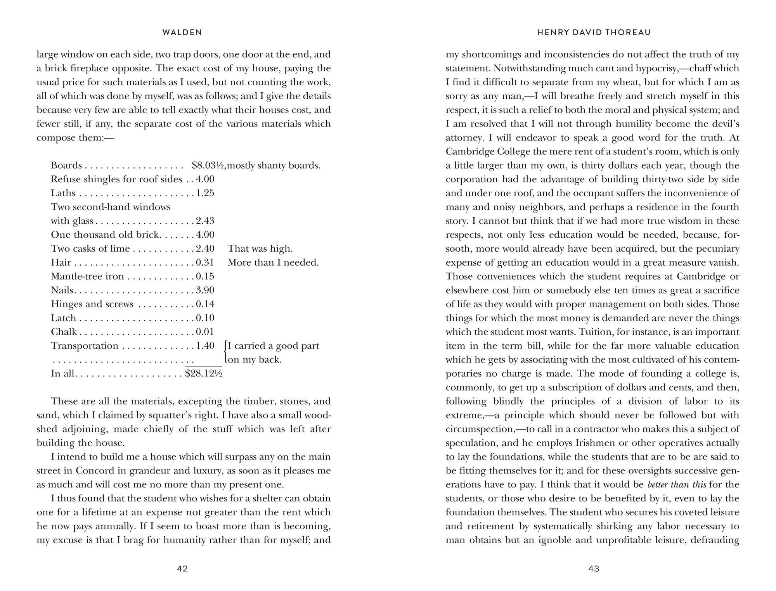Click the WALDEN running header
[182, 33]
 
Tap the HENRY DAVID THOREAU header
[594, 33]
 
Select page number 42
[182, 569]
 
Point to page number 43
[594, 569]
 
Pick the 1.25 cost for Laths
[205, 193]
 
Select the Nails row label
[62, 290]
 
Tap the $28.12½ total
[204, 373]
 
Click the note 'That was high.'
[260, 249]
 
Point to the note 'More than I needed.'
[273, 263]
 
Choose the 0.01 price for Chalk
[205, 332]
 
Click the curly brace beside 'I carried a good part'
[225, 353]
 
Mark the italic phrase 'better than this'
[677, 484]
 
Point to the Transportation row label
[85, 346]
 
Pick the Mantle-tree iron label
[87, 276]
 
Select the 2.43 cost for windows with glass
[205, 221]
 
